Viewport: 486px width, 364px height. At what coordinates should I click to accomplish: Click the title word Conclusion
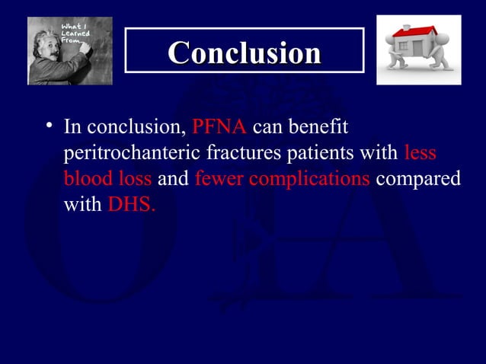click(x=244, y=53)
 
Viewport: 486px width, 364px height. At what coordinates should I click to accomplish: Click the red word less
click(x=420, y=153)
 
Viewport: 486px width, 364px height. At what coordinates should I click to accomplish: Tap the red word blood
click(x=87, y=180)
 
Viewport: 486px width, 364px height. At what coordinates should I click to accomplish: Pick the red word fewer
click(x=219, y=180)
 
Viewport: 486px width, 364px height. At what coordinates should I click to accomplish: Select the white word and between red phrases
click(x=173, y=180)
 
